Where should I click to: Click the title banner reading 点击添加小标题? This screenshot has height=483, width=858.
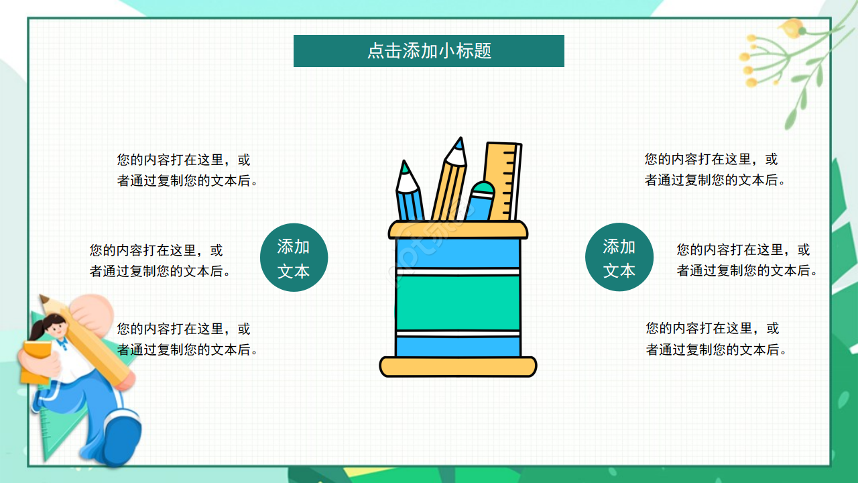(x=429, y=51)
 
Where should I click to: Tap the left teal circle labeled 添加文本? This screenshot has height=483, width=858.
(x=294, y=258)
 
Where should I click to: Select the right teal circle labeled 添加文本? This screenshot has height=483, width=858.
(x=619, y=258)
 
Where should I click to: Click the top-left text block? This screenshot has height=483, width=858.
(x=187, y=170)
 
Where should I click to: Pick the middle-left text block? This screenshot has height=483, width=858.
(x=160, y=261)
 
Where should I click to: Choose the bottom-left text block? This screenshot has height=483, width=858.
(x=187, y=339)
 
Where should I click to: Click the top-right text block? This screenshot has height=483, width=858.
(x=715, y=170)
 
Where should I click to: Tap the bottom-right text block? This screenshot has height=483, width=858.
(x=716, y=339)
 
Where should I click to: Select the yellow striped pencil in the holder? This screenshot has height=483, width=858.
(x=449, y=184)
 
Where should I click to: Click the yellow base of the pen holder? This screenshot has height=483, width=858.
(x=458, y=366)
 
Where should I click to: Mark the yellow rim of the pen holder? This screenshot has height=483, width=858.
(x=458, y=230)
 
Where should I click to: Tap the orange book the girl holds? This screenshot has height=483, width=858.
(x=37, y=362)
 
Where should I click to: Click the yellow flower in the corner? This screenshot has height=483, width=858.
(x=792, y=28)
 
